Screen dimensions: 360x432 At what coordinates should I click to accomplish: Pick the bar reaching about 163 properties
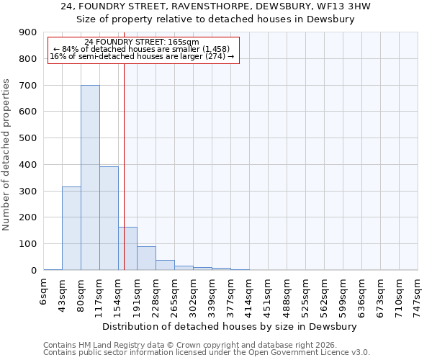pyautogui.click(x=127, y=248)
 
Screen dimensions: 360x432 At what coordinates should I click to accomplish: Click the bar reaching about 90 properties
pyautogui.click(x=146, y=258)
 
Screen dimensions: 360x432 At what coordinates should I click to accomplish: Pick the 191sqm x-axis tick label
pyautogui.click(x=138, y=295)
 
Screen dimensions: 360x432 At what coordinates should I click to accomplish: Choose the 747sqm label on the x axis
pyautogui.click(x=418, y=295)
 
